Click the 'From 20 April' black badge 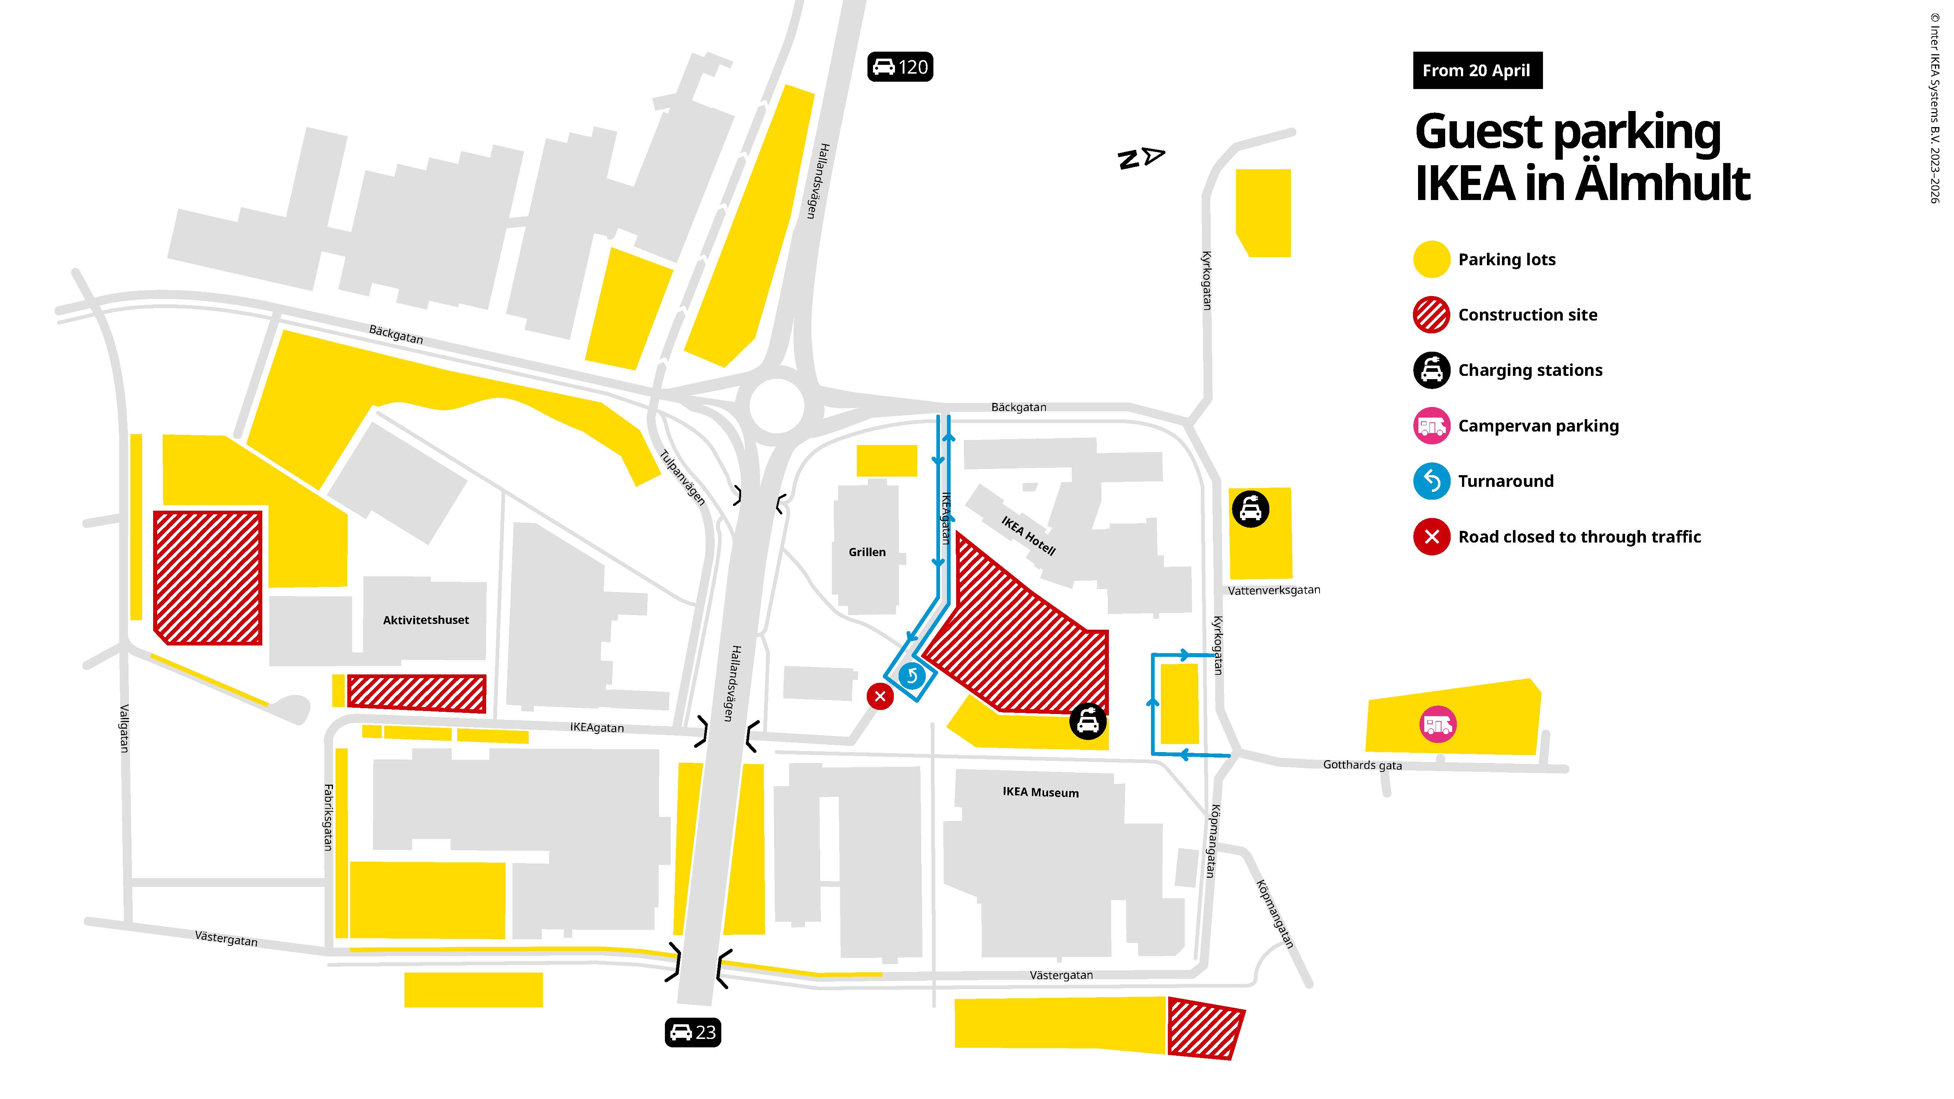[1476, 71]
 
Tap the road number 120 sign [900, 67]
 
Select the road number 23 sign [693, 1032]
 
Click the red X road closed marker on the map [880, 696]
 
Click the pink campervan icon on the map [1437, 724]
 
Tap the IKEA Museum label [1040, 792]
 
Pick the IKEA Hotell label [1028, 536]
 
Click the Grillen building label [867, 552]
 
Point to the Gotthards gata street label [1362, 765]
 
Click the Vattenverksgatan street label [1274, 590]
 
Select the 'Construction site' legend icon [1431, 315]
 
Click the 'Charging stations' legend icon [1431, 370]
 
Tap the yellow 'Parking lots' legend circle [1431, 259]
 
